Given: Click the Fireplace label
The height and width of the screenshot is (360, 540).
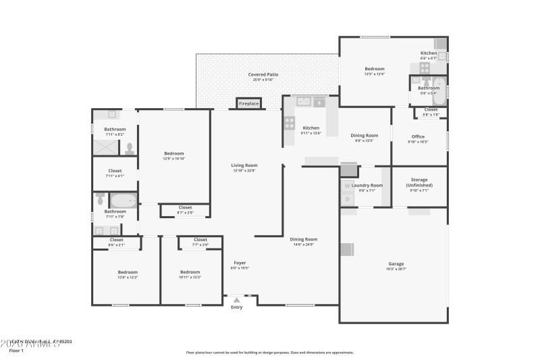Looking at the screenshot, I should coord(248,104).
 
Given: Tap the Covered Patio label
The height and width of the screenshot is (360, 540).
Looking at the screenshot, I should coord(263,74).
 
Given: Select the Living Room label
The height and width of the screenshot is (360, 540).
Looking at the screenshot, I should coord(245,165).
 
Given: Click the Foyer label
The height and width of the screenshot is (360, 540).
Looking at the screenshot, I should coord(240,262).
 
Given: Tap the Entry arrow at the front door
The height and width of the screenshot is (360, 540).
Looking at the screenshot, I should coord(236,300).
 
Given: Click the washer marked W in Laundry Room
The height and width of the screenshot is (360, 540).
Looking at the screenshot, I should coord(347,186).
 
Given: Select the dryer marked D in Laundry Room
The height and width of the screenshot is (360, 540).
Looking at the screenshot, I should coord(347,199).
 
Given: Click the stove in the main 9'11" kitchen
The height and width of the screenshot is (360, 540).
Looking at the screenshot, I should coord(290,123).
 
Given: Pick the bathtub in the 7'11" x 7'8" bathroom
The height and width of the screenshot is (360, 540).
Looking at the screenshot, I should coord(124,201).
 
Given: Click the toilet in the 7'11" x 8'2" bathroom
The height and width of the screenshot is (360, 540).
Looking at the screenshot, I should coord(129,149).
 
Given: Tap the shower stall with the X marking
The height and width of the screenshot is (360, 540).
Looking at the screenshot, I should coord(105,147).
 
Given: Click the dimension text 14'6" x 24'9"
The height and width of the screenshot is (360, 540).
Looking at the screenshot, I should coord(303,244).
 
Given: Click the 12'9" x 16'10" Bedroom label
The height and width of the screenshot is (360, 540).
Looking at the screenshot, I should coord(173,154).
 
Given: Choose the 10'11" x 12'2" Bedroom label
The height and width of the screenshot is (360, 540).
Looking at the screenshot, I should coord(190,272).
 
